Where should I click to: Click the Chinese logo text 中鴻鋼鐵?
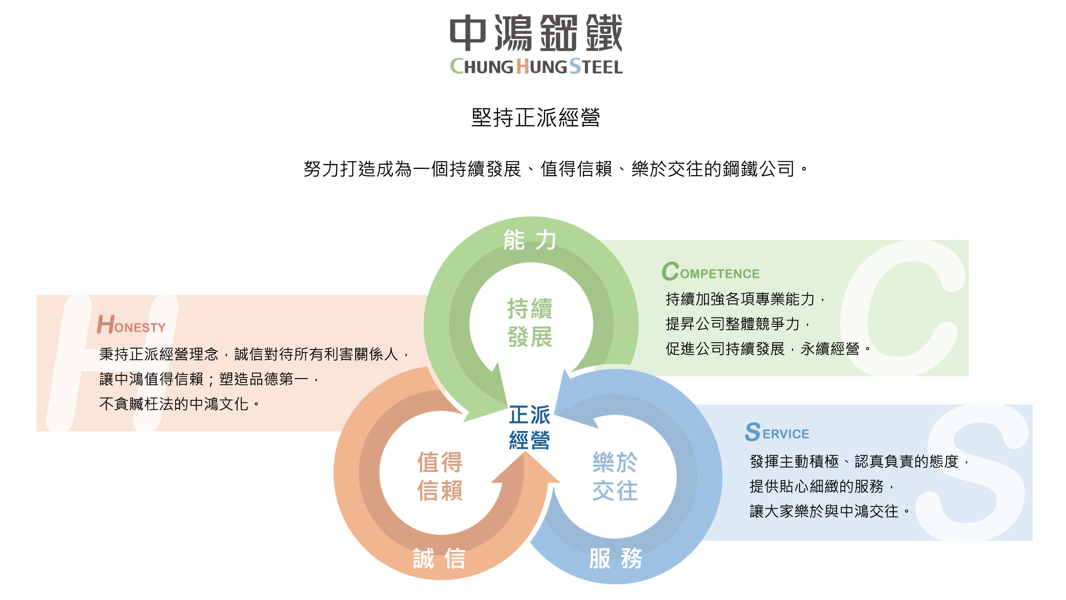pyautogui.click(x=536, y=33)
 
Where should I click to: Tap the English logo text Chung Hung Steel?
pyautogui.click(x=536, y=67)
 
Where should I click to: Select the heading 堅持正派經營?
pyautogui.click(x=536, y=117)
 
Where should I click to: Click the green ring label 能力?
pyautogui.click(x=530, y=240)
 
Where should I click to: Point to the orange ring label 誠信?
pyautogui.click(x=439, y=559)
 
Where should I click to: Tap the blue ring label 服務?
pyautogui.click(x=615, y=559)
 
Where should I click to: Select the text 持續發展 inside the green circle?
pyautogui.click(x=530, y=323)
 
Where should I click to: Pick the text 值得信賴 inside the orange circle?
pyautogui.click(x=440, y=476)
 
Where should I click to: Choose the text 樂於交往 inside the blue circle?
pyautogui.click(x=615, y=476)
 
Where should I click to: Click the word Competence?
pyautogui.click(x=710, y=272)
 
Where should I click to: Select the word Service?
pyautogui.click(x=777, y=432)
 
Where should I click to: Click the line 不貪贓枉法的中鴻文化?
pyautogui.click(x=179, y=404)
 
